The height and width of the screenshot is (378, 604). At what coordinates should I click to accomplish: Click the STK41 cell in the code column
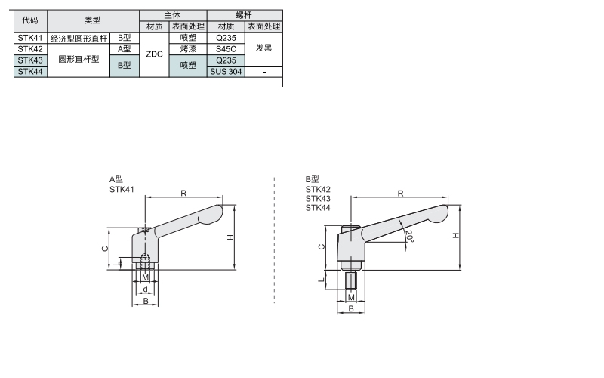pyautogui.click(x=30, y=38)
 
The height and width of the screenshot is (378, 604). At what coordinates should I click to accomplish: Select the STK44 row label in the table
pyautogui.click(x=30, y=71)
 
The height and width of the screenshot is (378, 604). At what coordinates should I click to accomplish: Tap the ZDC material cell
pyautogui.click(x=154, y=54)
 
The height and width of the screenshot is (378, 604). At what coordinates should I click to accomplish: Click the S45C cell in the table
pyautogui.click(x=226, y=49)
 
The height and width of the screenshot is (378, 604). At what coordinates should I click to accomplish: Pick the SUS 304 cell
pyautogui.click(x=226, y=71)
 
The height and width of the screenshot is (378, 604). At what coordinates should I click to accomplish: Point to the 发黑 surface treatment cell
pyautogui.click(x=263, y=48)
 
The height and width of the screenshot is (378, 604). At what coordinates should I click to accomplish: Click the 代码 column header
pyautogui.click(x=30, y=20)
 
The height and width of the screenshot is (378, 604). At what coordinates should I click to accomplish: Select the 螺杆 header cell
pyautogui.click(x=244, y=15)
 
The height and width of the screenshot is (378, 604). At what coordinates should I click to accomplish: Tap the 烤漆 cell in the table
pyautogui.click(x=188, y=49)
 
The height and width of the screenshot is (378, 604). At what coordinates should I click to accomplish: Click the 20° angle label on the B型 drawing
pyautogui.click(x=409, y=236)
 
